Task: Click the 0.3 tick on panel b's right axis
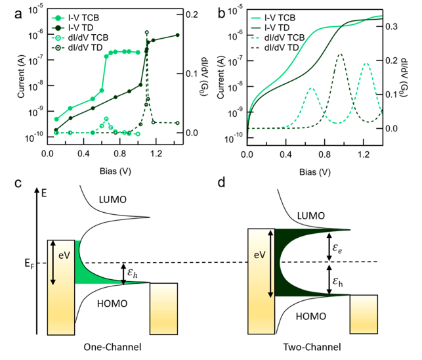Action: click(390, 27)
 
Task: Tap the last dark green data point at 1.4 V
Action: click(177, 35)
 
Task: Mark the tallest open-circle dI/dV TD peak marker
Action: click(147, 32)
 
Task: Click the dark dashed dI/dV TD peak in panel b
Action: click(340, 55)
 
